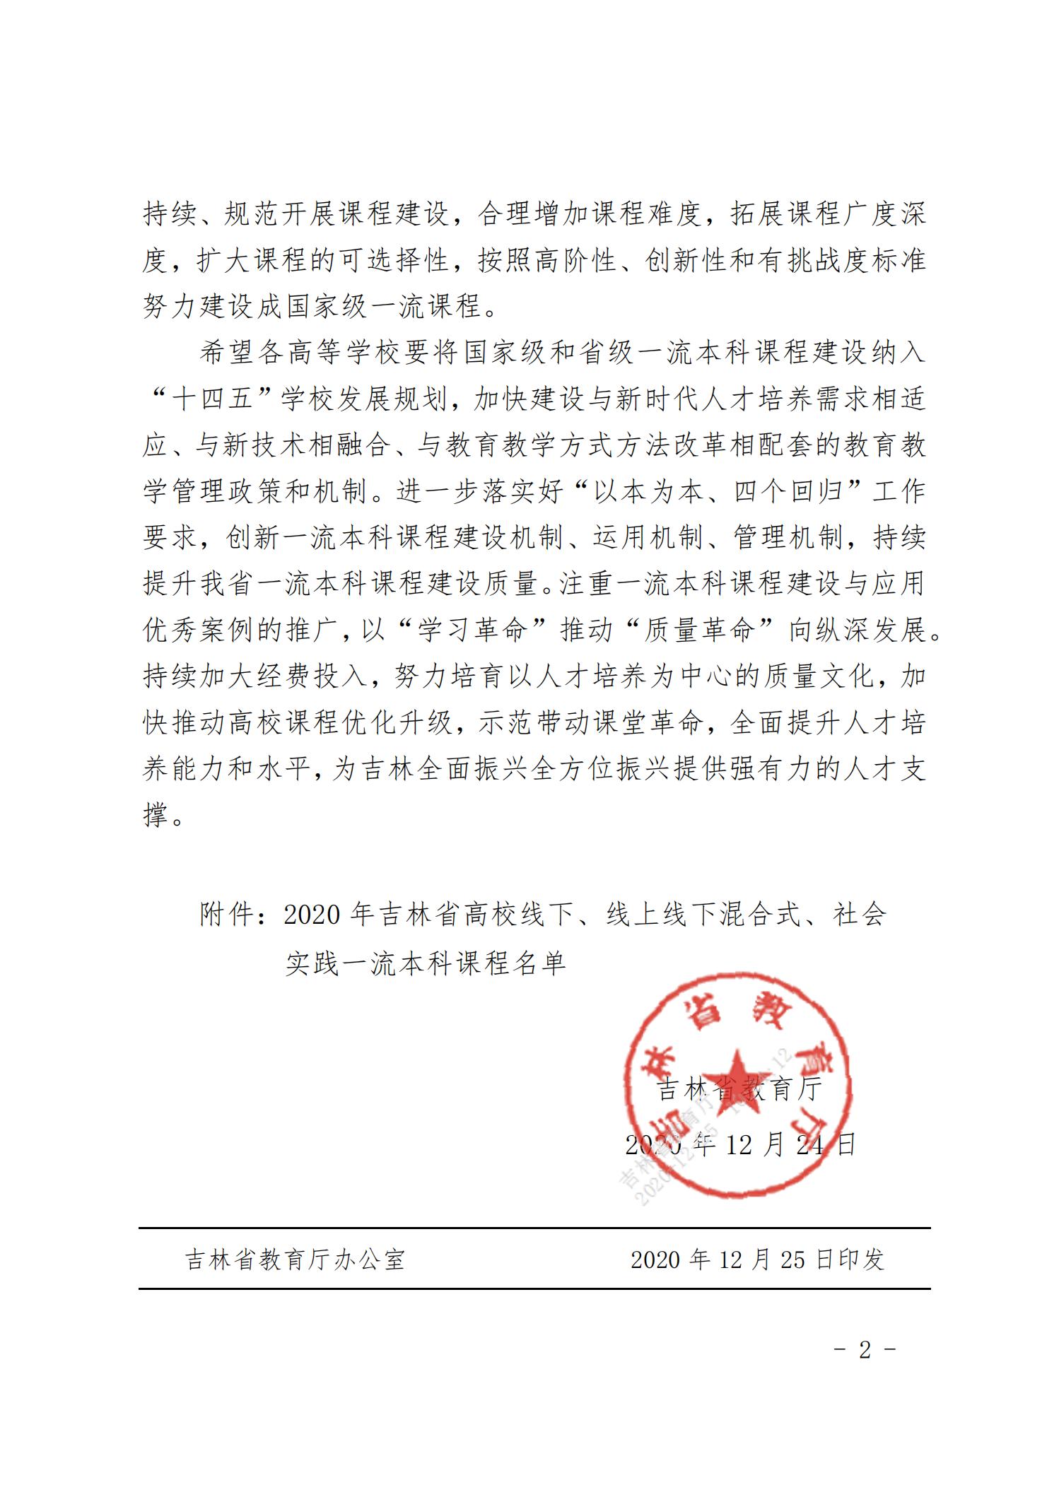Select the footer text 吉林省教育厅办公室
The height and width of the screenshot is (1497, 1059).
(x=295, y=1259)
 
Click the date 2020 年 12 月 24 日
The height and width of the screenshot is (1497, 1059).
(x=740, y=1144)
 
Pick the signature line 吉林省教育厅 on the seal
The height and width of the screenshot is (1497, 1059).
(x=740, y=1089)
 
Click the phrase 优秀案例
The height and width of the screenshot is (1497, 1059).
(x=199, y=630)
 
